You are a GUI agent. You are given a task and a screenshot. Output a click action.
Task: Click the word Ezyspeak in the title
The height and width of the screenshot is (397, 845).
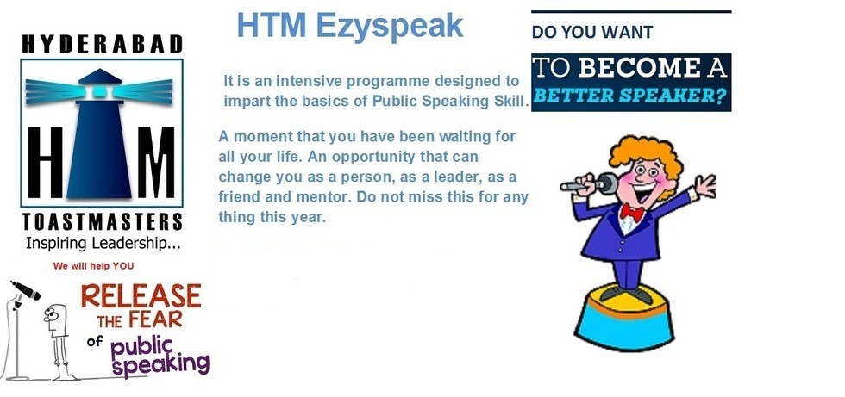pos(389,26)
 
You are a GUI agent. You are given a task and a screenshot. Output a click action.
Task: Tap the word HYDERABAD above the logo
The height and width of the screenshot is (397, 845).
pos(102,44)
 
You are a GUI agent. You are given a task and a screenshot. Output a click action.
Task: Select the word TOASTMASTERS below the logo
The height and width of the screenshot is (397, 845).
pos(102,221)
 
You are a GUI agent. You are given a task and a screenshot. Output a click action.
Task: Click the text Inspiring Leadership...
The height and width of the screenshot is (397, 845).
pos(103,244)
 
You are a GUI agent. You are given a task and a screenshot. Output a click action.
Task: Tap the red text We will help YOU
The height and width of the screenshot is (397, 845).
pos(93,266)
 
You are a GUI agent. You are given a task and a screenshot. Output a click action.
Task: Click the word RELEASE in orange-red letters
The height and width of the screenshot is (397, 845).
pos(141,296)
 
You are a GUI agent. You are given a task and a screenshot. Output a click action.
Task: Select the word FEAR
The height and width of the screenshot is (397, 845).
pos(156,320)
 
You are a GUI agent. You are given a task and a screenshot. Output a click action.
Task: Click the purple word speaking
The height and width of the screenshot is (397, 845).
pos(160,365)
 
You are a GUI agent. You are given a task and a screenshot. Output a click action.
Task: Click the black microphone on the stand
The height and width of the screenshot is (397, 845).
pos(25,290)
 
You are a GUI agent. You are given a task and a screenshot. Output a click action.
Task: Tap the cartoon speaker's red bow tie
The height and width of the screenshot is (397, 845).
pos(631,212)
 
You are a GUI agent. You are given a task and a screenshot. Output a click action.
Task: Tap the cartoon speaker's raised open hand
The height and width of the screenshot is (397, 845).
pos(704,186)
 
